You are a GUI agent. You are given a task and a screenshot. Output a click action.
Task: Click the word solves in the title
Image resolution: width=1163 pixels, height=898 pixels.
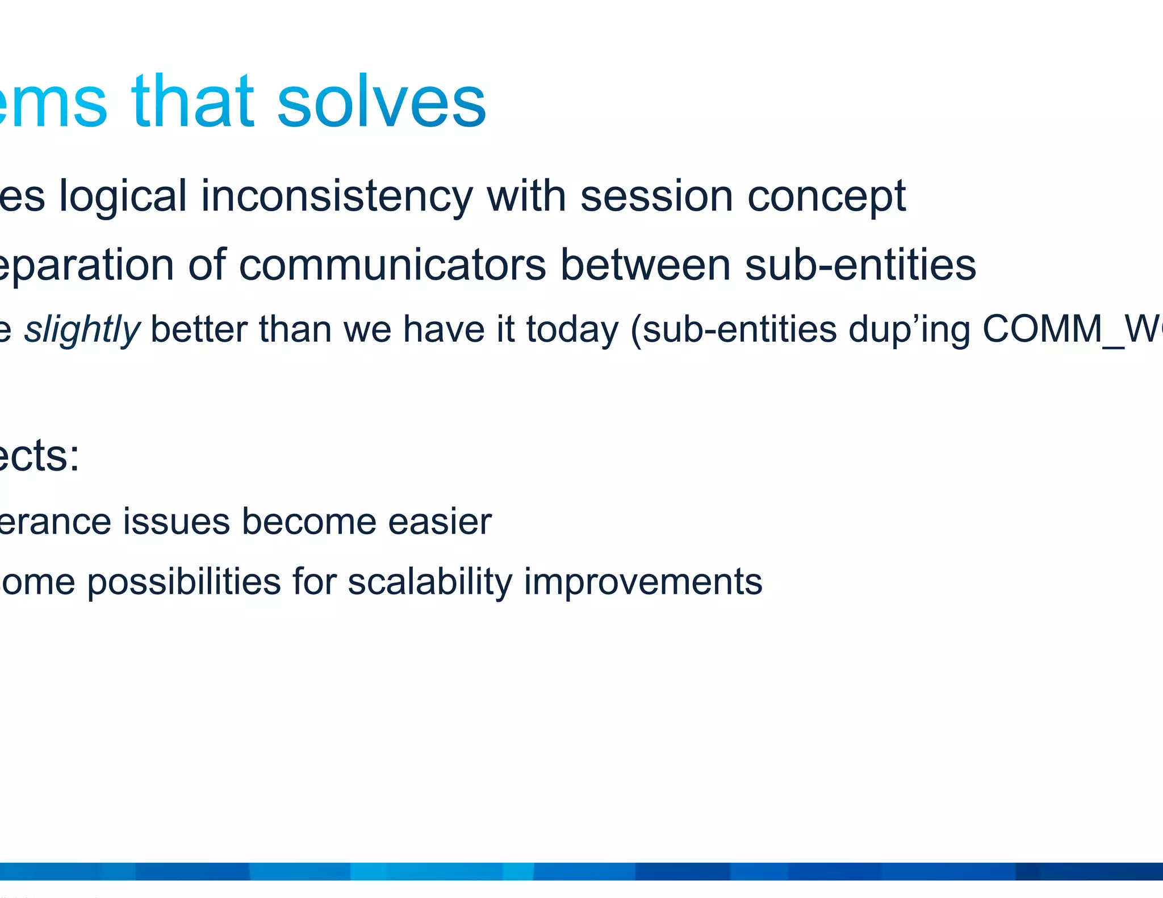point(381,102)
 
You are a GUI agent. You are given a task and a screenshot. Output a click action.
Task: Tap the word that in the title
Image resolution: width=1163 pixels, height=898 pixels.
point(193,102)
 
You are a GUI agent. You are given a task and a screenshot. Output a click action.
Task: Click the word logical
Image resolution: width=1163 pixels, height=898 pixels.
point(123,196)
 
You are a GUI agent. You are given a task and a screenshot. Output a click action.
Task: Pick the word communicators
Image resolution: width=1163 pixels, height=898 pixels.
point(392,265)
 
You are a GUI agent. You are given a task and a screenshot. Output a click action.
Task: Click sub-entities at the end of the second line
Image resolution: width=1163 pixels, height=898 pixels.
point(860,265)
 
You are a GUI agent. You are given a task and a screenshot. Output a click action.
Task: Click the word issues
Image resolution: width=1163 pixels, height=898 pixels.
point(177,521)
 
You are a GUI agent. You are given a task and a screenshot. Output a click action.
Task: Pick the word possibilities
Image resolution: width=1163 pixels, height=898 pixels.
point(184,582)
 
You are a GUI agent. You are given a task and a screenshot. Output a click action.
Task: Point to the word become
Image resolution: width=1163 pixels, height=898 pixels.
point(309,521)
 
